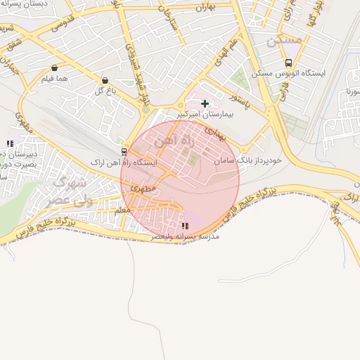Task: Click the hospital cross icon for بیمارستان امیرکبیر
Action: coord(205,103)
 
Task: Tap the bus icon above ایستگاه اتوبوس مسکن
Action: coord(288,63)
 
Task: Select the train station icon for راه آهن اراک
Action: coord(124,151)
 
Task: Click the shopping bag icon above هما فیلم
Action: coord(54,68)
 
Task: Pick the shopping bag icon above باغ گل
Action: coord(105,80)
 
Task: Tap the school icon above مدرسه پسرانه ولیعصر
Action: coord(185,226)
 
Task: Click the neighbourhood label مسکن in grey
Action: coord(284,41)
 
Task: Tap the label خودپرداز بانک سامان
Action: coord(249,160)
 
